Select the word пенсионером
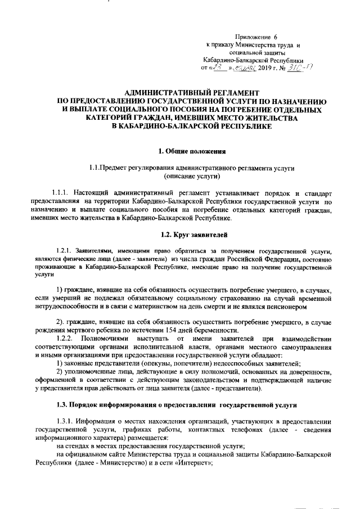click(300, 307)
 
